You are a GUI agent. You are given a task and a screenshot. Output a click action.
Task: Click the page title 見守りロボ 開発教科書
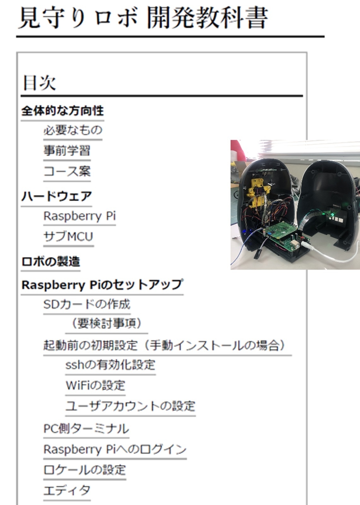coord(143,17)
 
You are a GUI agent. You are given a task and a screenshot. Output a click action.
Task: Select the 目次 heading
coord(39,83)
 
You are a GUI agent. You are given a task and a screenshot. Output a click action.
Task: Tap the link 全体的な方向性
coord(62,111)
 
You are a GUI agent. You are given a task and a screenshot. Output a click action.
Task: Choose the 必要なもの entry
coord(73,130)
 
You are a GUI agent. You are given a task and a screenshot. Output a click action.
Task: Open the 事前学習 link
coord(67,150)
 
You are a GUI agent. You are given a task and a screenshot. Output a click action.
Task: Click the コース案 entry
coord(67,171)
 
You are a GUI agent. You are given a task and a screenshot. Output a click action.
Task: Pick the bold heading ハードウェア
coord(56,196)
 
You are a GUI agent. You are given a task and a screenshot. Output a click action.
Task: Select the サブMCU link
coord(68,236)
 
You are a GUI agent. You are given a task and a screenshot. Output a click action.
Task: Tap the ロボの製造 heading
coord(50,262)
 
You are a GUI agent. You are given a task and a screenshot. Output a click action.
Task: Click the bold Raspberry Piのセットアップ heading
coord(102,285)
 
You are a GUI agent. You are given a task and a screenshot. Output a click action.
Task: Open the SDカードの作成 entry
coord(87,304)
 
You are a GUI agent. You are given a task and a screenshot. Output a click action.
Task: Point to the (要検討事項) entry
coord(106,324)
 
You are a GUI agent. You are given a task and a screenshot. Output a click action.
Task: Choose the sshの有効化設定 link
coord(110,365)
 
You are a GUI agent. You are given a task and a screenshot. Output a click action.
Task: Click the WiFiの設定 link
coord(95,385)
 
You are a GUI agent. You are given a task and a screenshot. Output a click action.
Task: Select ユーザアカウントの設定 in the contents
coord(130,406)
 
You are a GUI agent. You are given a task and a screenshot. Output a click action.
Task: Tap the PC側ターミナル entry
coord(86,429)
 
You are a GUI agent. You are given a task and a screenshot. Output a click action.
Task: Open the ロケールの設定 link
coord(85,470)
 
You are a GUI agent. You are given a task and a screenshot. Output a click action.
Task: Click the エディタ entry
coord(67,490)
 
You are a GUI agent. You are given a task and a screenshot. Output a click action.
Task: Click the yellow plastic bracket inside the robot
coord(257,192)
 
